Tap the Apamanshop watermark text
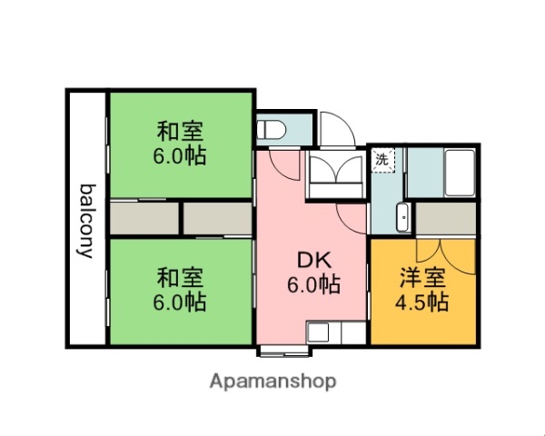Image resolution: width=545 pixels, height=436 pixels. (272, 381)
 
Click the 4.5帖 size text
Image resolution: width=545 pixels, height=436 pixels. (422, 302)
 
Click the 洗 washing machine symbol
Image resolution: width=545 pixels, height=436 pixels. (382, 160)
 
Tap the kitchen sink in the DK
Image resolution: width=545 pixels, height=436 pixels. (322, 333)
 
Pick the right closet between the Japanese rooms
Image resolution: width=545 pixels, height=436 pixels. (217, 219)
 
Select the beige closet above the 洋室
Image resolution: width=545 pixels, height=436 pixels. (446, 219)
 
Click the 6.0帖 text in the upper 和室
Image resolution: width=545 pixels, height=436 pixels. (179, 156)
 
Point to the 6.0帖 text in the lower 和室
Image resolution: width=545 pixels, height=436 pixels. (179, 300)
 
